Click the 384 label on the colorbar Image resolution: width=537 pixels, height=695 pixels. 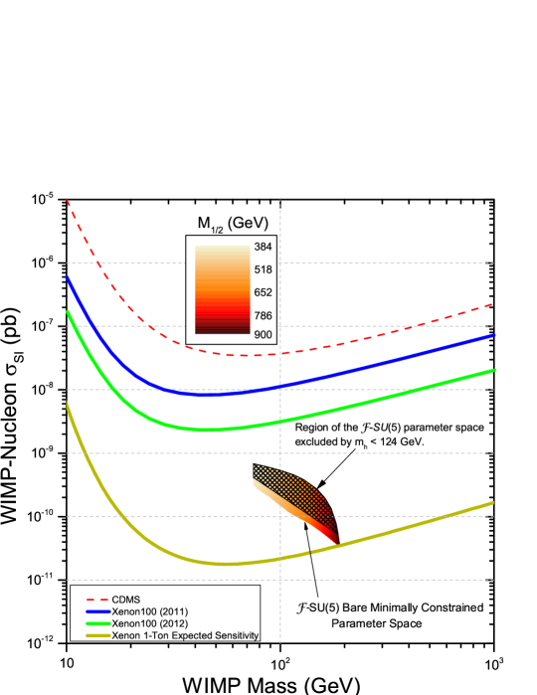coord(264,247)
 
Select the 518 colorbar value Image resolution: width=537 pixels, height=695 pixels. coord(264,269)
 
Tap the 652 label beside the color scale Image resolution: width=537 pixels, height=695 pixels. coord(264,292)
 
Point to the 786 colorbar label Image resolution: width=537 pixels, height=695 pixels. coord(264,316)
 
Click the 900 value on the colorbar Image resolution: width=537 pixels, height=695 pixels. coord(264,335)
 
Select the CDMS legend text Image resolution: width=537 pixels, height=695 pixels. coord(126,600)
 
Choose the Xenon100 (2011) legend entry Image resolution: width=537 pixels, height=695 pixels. coord(150,610)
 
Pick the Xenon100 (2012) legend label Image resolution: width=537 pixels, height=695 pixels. coord(150,622)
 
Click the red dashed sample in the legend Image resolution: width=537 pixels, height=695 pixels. coord(96,600)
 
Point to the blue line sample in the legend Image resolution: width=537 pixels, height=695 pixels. coord(96,610)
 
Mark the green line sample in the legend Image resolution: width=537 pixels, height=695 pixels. coord(96,622)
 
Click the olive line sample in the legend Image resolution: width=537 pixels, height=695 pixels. coord(96,634)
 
